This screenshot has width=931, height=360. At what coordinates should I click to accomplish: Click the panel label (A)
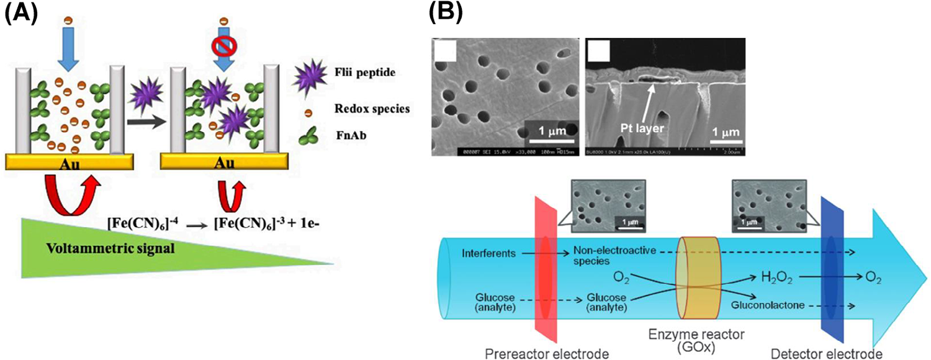coord(22,14)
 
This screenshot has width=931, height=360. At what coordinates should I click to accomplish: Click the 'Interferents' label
coord(487,253)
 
